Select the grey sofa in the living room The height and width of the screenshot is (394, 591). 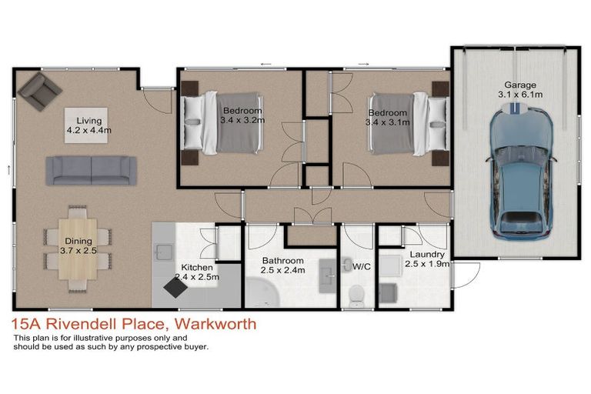(92, 170)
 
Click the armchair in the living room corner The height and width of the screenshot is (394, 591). (39, 92)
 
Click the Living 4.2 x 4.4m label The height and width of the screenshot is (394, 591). (88, 125)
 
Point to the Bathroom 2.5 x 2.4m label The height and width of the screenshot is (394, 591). (282, 265)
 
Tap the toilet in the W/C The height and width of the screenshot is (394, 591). (356, 293)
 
